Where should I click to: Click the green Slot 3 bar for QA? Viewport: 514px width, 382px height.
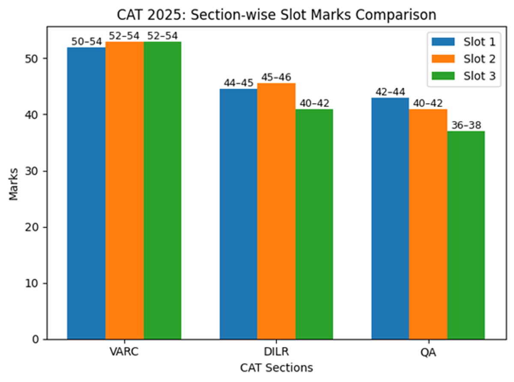tap(466, 235)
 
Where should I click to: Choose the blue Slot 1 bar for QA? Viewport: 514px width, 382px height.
tap(390, 219)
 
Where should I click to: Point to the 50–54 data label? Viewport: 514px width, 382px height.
tap(86, 42)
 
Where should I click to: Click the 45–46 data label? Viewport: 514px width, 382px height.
tap(276, 77)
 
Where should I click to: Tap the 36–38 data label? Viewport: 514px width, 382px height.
tap(466, 125)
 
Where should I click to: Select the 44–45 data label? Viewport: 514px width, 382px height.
tap(238, 83)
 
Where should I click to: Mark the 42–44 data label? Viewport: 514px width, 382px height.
tap(390, 92)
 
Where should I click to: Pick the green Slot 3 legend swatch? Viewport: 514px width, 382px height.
tap(443, 76)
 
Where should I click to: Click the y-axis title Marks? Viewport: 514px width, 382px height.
tap(14, 184)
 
